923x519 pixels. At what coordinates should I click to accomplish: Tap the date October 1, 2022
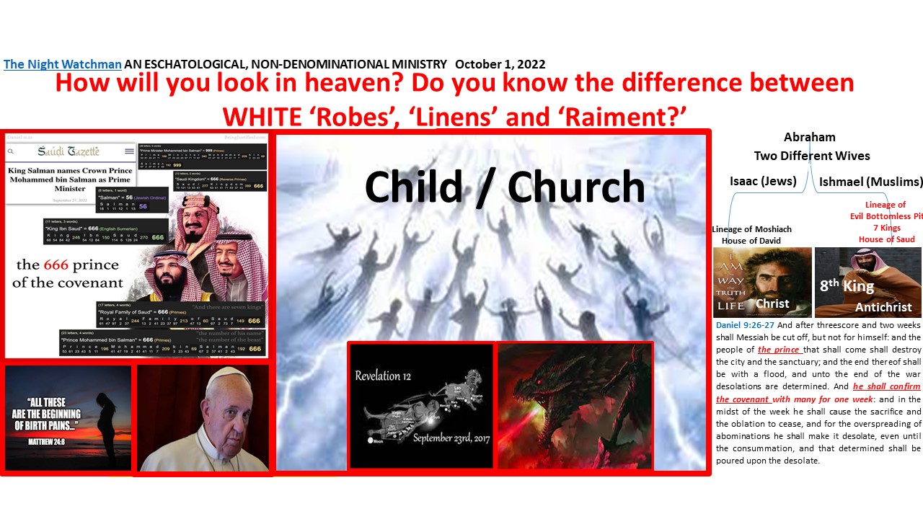[x=500, y=64]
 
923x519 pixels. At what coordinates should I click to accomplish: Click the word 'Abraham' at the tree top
[x=809, y=137]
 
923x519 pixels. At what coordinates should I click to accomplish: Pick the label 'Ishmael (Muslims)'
[x=871, y=181]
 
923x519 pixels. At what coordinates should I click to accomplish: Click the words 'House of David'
[x=752, y=241]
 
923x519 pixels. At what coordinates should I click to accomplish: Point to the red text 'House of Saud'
[x=886, y=239]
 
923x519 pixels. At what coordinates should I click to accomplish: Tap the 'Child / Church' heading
[x=504, y=187]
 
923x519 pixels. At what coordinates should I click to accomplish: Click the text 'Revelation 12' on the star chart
[x=387, y=376]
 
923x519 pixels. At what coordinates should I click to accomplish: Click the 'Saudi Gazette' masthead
[x=70, y=151]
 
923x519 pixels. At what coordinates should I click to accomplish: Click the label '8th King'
[x=847, y=286]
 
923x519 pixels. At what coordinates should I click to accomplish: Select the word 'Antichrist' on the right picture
[x=883, y=307]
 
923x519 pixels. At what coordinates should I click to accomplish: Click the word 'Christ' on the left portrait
[x=772, y=303]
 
